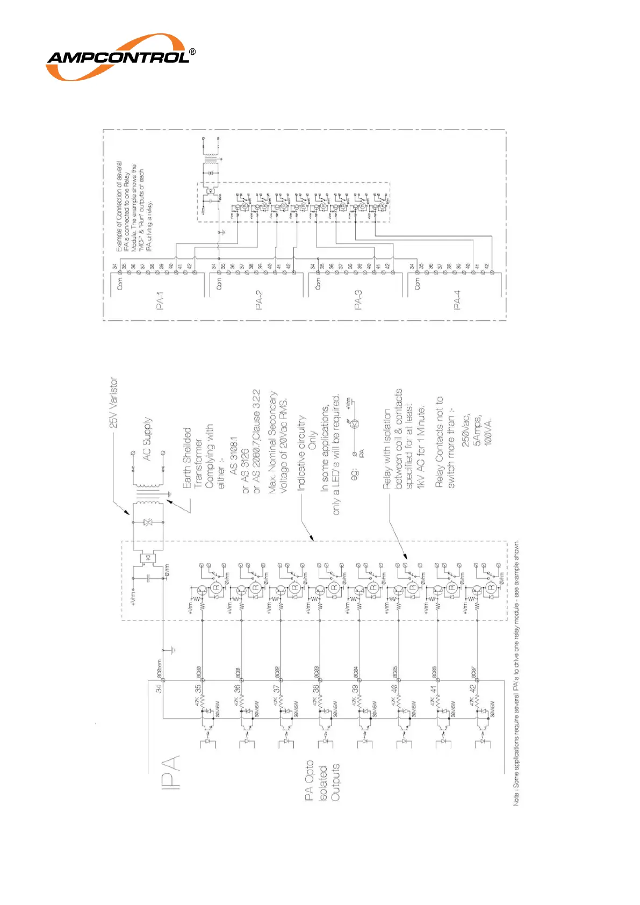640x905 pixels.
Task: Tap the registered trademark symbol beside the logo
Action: (192, 53)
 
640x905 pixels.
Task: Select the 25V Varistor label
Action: (113, 403)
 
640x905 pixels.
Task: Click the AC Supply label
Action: (147, 439)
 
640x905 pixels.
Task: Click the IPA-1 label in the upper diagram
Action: (160, 301)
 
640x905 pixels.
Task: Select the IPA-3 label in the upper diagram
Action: (358, 300)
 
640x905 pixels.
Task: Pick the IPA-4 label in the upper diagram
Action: (457, 300)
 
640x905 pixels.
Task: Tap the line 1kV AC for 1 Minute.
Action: (421, 447)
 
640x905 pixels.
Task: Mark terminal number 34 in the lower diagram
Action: (159, 688)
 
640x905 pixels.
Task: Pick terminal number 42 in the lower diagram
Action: (473, 688)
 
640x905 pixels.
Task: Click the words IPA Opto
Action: (309, 781)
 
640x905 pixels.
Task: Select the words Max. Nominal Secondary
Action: (273, 442)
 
